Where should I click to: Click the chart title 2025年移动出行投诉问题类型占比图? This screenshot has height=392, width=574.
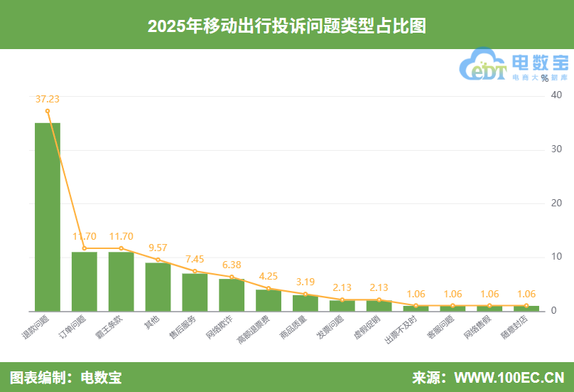pos(286,26)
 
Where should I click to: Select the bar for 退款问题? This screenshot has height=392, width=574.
pos(48,217)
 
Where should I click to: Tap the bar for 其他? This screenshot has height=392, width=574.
pos(158,287)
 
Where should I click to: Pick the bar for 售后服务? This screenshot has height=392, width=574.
pos(195,292)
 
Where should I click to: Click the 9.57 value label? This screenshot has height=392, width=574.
pos(158,248)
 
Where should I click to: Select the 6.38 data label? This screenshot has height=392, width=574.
pos(232,265)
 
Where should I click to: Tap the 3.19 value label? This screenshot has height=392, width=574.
pos(305,282)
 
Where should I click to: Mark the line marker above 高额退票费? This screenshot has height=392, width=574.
pos(269,288)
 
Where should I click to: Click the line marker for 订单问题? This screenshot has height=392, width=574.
pos(85,248)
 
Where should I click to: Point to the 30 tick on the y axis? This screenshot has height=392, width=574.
pos(557,149)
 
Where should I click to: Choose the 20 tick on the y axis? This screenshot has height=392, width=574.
pos(557,203)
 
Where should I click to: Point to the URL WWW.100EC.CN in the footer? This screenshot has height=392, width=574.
pos(509,377)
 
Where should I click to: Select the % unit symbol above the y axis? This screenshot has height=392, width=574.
pos(545,78)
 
